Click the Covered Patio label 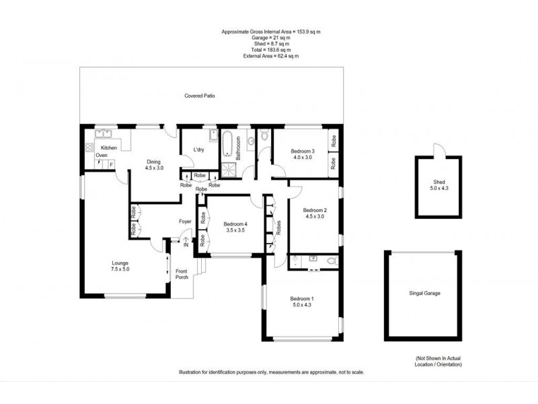pyautogui.click(x=200, y=96)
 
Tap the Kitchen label pyautogui.click(x=109, y=147)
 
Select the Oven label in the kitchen pyautogui.click(x=101, y=156)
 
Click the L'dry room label pyautogui.click(x=198, y=149)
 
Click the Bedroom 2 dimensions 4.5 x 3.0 pyautogui.click(x=314, y=216)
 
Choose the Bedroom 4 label pyautogui.click(x=235, y=227)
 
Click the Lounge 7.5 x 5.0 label pyautogui.click(x=120, y=266)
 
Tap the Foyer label pyautogui.click(x=185, y=221)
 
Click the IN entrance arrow pyautogui.click(x=186, y=241)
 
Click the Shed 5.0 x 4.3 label pyautogui.click(x=438, y=185)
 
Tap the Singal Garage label pyautogui.click(x=424, y=293)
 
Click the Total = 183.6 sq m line pyautogui.click(x=270, y=50)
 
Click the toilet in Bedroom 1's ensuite pyautogui.click(x=328, y=261)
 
